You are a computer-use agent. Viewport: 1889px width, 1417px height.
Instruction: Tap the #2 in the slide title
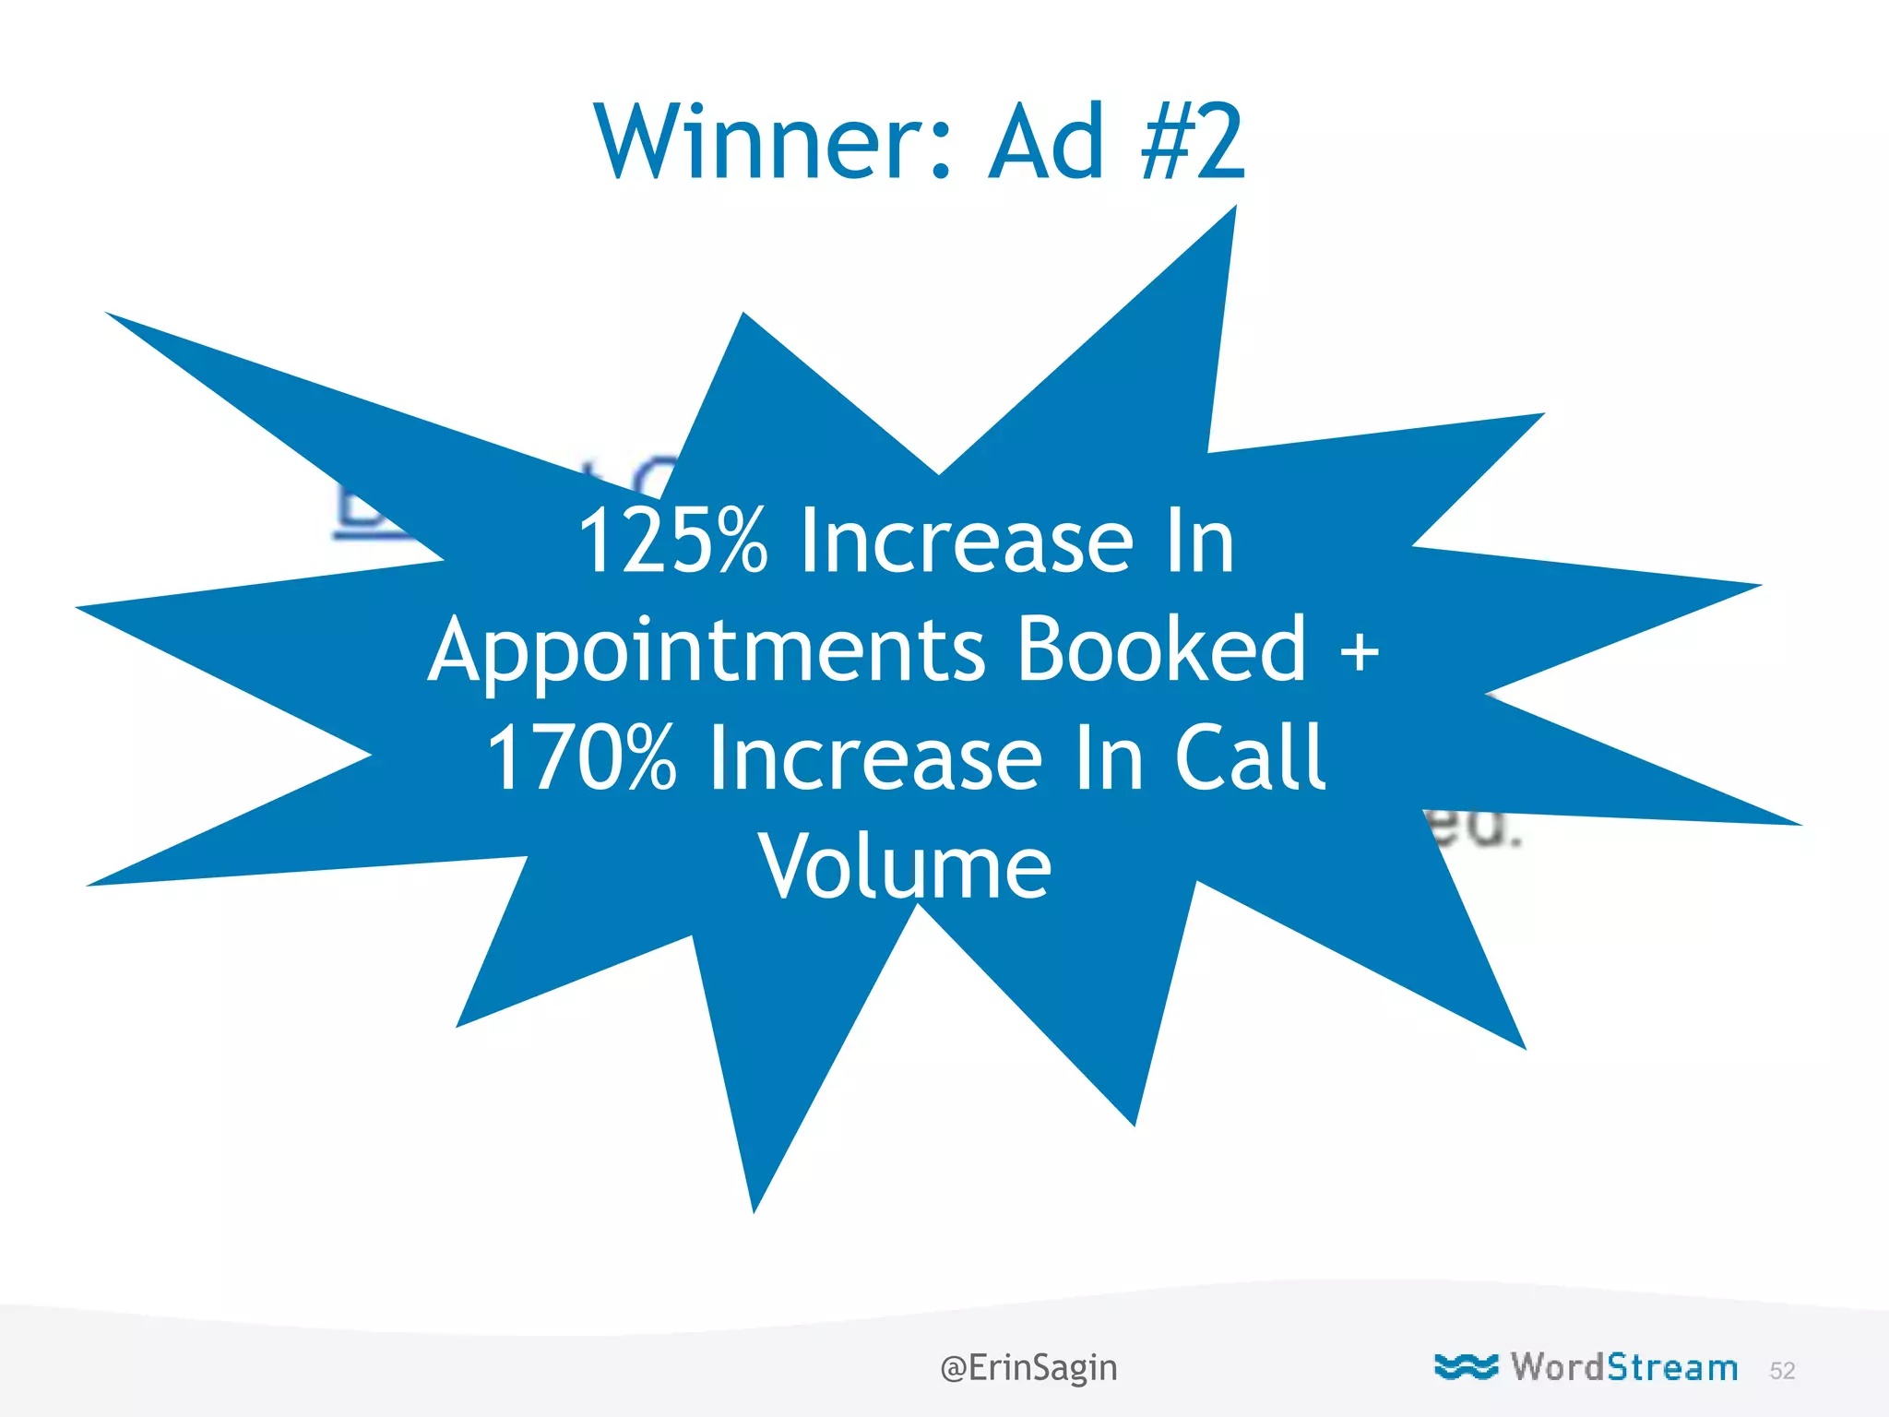click(1192, 143)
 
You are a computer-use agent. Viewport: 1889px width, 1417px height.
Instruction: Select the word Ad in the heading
click(1047, 143)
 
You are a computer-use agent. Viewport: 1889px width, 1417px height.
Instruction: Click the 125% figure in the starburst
click(672, 542)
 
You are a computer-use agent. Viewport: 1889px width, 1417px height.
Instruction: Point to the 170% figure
click(581, 759)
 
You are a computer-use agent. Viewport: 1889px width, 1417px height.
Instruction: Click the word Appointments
click(707, 650)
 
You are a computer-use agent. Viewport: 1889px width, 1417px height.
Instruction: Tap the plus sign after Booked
click(1359, 650)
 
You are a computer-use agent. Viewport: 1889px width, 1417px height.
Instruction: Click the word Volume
click(905, 867)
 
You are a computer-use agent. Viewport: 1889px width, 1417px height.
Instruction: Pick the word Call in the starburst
click(1250, 757)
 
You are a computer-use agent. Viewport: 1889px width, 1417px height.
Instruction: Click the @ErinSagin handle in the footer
click(1028, 1367)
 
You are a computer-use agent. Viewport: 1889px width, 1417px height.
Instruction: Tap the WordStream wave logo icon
click(1466, 1367)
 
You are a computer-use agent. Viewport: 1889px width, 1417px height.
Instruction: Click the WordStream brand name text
click(1623, 1367)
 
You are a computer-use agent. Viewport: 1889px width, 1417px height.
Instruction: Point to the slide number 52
click(1782, 1371)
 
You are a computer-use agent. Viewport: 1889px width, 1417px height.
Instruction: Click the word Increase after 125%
click(966, 542)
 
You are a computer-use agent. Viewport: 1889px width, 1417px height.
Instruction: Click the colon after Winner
click(941, 152)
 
